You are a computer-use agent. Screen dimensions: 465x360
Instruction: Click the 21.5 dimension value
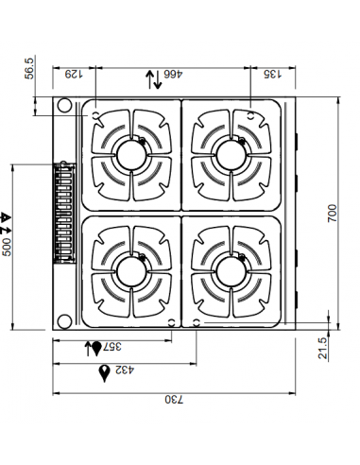323,348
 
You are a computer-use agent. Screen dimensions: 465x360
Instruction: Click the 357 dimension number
110,348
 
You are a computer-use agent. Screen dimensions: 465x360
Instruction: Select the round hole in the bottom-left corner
64,318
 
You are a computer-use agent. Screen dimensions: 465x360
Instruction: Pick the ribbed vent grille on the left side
64,212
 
